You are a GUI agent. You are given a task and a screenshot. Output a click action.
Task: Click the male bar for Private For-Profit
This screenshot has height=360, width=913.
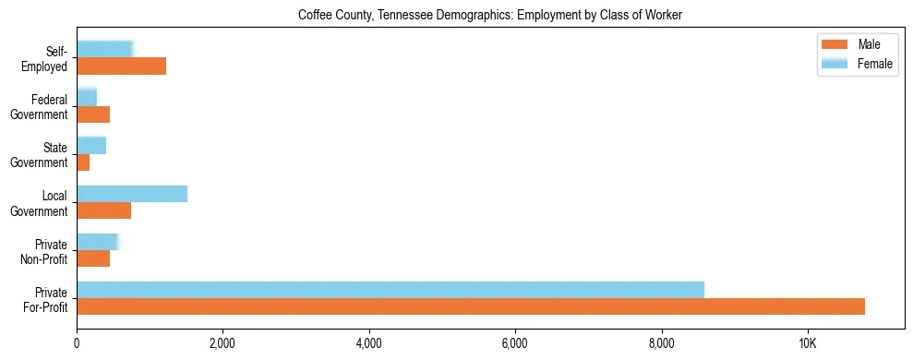point(471,306)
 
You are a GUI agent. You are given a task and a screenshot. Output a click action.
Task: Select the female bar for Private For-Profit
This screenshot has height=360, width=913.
point(390,289)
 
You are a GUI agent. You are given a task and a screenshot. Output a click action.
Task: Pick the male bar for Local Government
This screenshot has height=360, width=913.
point(103,210)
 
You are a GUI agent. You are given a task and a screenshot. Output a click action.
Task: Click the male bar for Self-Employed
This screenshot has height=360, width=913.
point(121,66)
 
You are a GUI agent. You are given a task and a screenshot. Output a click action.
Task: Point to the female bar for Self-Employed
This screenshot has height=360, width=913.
point(104,49)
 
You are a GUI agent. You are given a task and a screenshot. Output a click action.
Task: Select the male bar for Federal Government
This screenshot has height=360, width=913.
point(93,114)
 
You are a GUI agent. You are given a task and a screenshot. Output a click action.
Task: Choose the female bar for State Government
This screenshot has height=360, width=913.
point(91,145)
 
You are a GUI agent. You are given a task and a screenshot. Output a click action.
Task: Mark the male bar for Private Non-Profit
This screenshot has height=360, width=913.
point(93,258)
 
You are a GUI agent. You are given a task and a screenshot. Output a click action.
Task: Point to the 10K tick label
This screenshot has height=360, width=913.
point(807,344)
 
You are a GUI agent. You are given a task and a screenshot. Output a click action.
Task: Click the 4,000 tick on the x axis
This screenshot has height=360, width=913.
point(369,344)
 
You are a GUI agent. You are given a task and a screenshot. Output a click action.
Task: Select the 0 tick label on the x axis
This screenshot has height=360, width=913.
point(77,344)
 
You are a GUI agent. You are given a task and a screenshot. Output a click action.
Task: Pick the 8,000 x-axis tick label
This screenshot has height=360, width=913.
point(661,344)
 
